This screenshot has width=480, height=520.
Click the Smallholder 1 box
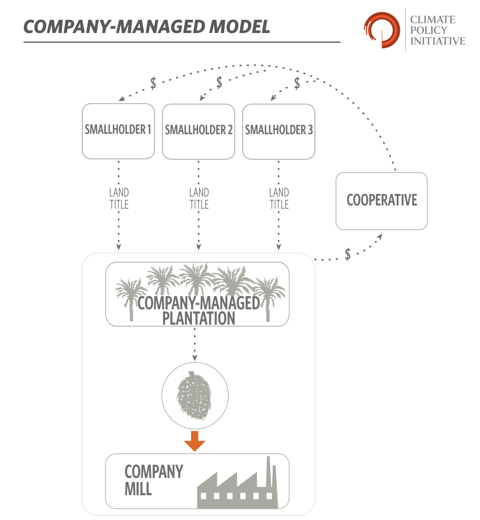click(x=118, y=131)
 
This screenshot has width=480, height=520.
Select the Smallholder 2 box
click(x=199, y=131)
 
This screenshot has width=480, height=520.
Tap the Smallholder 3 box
click(x=279, y=131)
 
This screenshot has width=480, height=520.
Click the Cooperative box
click(x=381, y=200)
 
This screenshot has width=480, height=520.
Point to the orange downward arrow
click(x=195, y=440)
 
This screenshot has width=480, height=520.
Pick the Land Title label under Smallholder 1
click(x=119, y=199)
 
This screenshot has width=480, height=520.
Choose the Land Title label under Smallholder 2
click(x=199, y=199)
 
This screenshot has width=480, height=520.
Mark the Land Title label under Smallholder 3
click(x=279, y=199)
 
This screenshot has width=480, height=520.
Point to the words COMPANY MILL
click(x=153, y=479)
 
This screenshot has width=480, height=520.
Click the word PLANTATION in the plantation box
click(x=198, y=318)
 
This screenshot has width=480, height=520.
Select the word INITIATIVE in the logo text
click(x=437, y=41)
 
